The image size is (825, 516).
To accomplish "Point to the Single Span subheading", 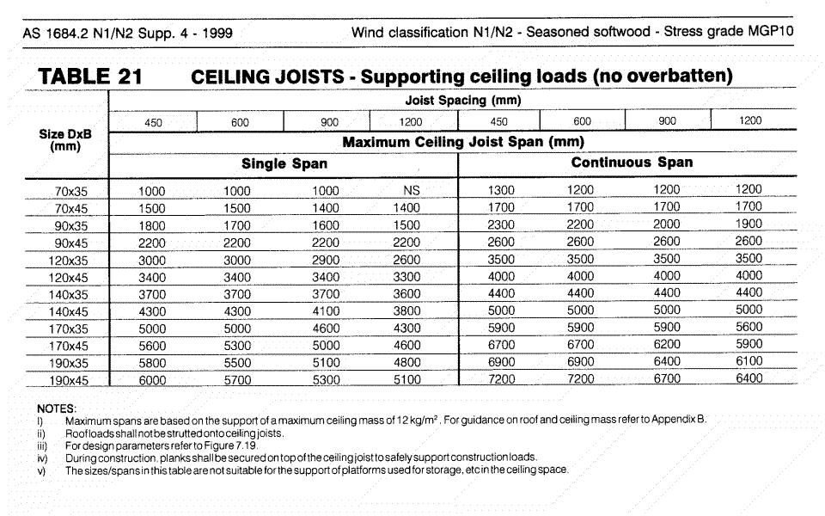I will click(284, 163).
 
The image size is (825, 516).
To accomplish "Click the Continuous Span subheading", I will click(632, 162).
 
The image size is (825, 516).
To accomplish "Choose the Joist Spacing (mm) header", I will click(463, 101).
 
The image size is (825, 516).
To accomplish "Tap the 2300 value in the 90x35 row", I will click(501, 224).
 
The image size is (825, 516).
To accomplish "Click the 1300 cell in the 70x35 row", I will click(501, 190).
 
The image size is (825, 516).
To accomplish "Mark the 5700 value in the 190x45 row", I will click(237, 380).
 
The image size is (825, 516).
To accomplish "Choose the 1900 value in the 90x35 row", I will click(749, 224).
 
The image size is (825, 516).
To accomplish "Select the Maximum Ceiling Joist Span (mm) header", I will click(463, 141).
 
